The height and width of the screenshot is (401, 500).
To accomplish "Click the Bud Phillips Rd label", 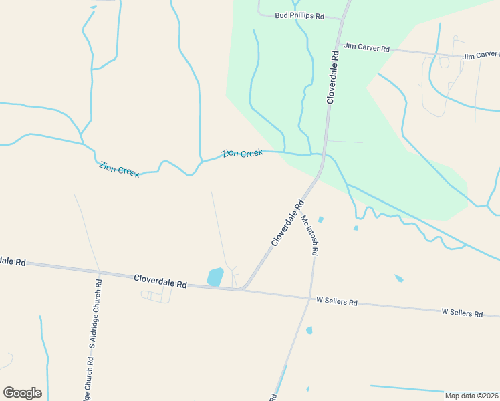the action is coord(299,15).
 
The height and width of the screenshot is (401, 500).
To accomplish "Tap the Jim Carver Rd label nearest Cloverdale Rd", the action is coord(367,48).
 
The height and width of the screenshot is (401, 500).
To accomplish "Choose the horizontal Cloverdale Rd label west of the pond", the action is coord(160,281).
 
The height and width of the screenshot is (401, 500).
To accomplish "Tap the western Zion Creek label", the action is coord(119,170).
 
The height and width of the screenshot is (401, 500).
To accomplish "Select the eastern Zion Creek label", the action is coord(243,154).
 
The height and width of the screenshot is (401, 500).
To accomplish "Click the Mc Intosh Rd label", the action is coord(309,235).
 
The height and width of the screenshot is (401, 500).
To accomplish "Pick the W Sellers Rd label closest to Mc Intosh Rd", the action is coord(337,302).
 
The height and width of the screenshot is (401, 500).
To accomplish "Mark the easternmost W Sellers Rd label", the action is coord(462,313).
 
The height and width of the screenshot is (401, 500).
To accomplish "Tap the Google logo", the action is coord(22,393).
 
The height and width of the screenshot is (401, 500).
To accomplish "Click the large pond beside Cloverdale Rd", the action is coord(215,277).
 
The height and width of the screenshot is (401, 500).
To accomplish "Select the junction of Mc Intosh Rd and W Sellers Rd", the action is coord(310,298).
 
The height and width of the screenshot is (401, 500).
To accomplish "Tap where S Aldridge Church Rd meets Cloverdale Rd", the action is coord(99,271).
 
